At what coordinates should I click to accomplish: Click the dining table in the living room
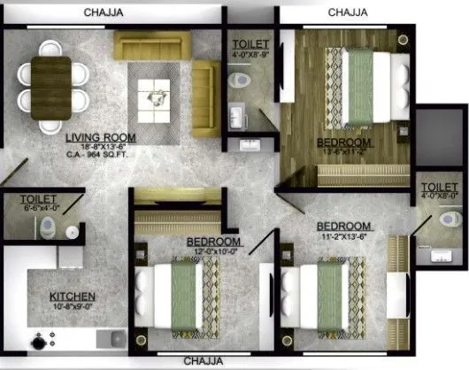click(51, 87)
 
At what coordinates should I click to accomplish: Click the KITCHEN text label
click(72, 297)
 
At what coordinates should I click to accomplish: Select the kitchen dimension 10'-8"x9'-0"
click(72, 308)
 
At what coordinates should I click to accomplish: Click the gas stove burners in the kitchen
click(42, 340)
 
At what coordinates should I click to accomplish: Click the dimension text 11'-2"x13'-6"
click(344, 237)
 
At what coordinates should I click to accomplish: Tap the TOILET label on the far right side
click(439, 187)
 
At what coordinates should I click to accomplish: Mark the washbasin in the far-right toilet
click(437, 256)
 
